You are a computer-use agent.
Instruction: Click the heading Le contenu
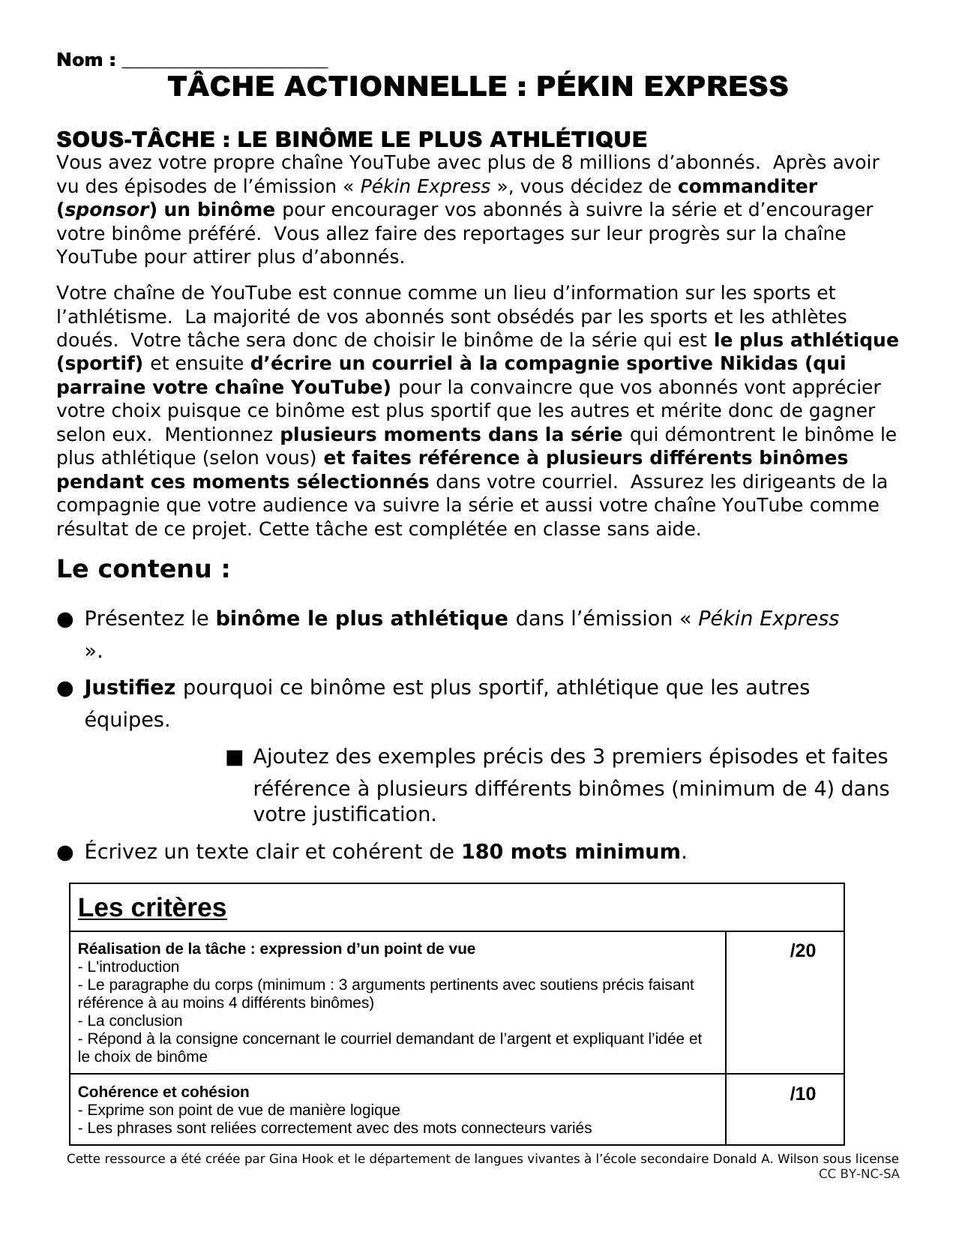tap(143, 569)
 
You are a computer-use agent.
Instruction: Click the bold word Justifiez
tap(130, 688)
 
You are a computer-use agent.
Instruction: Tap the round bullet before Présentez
tap(64, 620)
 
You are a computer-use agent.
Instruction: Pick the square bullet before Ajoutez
tap(234, 758)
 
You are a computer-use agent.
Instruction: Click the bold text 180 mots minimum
tap(571, 853)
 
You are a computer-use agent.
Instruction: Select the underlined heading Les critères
tap(152, 907)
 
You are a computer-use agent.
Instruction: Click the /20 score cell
tap(802, 952)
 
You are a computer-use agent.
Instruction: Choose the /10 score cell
tap(802, 1095)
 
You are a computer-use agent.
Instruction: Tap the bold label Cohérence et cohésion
tap(163, 1092)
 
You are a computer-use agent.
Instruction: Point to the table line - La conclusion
tap(130, 1021)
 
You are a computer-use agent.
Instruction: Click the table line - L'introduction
tap(129, 967)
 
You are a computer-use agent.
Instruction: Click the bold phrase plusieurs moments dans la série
tap(451, 435)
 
